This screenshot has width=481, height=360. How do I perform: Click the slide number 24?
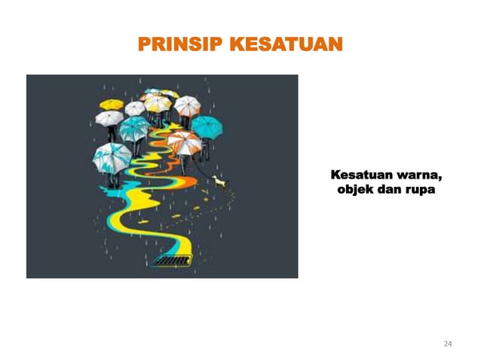click(x=448, y=344)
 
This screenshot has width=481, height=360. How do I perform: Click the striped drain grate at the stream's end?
click(x=172, y=261)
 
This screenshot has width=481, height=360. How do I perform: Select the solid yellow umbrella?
click(x=112, y=103)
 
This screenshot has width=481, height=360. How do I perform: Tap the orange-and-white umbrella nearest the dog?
click(x=185, y=141)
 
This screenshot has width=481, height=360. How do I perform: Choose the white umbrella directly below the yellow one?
click(x=109, y=117)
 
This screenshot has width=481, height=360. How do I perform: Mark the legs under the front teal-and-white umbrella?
click(x=112, y=180)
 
